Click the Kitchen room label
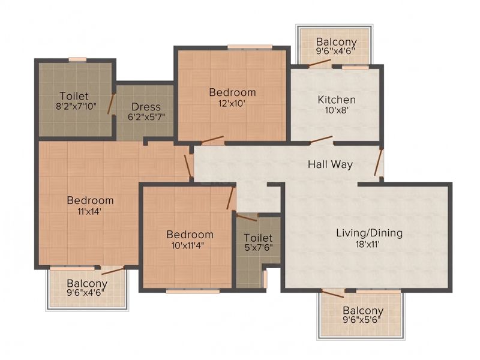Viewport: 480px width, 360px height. (337, 100)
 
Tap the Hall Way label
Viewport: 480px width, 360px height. (331, 164)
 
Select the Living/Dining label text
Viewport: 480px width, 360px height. (370, 233)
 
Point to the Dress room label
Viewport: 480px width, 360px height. (146, 107)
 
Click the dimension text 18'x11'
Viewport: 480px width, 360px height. (368, 244)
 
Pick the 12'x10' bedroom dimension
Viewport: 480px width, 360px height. (232, 103)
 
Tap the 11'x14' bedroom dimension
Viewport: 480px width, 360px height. (89, 211)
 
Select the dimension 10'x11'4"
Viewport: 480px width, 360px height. (188, 245)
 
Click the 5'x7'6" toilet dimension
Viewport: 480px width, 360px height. (259, 247)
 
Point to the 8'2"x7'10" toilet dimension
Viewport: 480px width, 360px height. (76, 107)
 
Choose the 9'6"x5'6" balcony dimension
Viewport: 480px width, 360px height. (362, 320)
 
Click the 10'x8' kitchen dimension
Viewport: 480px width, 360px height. (337, 110)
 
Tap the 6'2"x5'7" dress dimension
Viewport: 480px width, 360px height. (146, 117)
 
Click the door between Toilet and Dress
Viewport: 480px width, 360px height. (111, 104)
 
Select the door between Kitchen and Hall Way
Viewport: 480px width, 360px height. (322, 140)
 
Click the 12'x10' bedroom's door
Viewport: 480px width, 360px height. (212, 140)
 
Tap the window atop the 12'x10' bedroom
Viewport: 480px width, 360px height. (250, 47)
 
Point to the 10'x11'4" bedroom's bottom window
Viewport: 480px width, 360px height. (193, 291)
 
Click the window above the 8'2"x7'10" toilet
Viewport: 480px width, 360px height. (77, 60)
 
